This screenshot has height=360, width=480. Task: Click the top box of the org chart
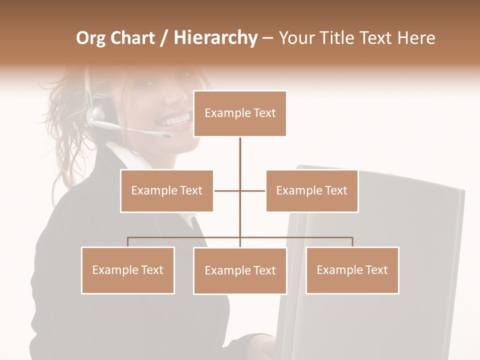pyautogui.click(x=240, y=113)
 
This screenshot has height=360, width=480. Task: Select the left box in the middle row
pyautogui.click(x=166, y=191)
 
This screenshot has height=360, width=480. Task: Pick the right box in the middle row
pyautogui.click(x=311, y=191)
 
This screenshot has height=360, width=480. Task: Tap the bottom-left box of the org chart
pyautogui.click(x=127, y=270)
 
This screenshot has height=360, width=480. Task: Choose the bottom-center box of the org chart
pyautogui.click(x=240, y=271)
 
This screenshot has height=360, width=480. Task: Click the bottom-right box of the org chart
pyautogui.click(x=352, y=270)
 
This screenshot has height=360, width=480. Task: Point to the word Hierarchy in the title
pyautogui.click(x=215, y=38)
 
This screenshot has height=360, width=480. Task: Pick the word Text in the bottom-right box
pyautogui.click(x=376, y=270)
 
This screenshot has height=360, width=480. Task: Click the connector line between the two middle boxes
pyautogui.click(x=240, y=191)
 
